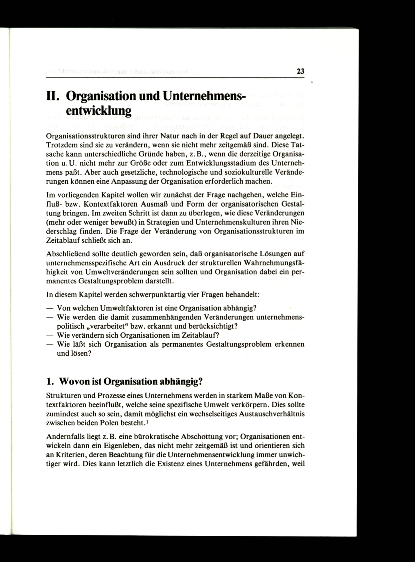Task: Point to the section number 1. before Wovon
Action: [50, 382]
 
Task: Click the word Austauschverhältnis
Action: [272, 414]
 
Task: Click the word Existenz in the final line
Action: [171, 464]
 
